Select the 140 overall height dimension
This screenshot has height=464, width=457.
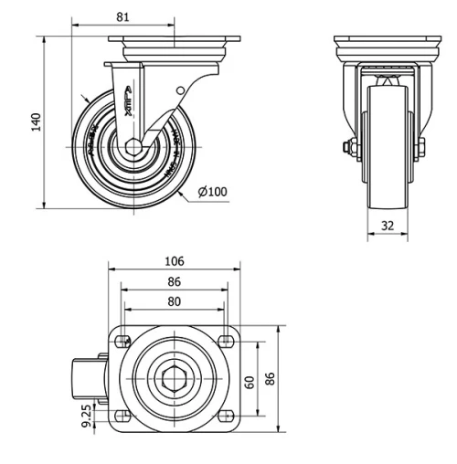(37, 122)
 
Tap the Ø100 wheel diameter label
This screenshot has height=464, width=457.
(212, 191)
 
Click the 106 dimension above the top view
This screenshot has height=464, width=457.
(174, 260)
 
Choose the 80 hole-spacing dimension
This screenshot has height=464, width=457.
(174, 301)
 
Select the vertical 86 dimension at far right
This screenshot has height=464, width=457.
(271, 378)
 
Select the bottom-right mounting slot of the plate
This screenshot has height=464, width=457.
(227, 415)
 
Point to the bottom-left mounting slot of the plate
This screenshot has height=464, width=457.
(121, 415)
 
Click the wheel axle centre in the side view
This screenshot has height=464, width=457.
(133, 147)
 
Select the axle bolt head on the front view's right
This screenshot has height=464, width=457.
(422, 147)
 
